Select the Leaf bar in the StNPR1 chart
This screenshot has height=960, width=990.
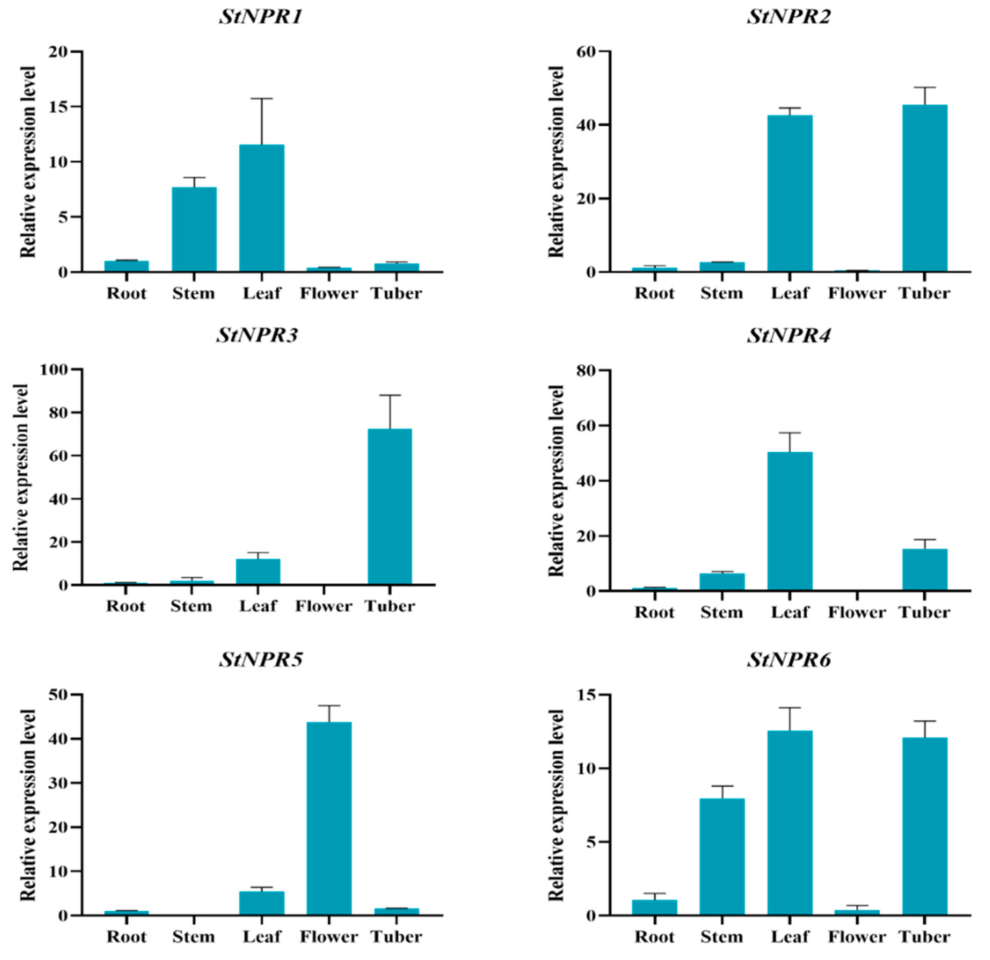point(262,208)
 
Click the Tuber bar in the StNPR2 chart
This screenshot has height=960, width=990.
point(924,188)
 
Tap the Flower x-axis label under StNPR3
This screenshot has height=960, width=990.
point(323,606)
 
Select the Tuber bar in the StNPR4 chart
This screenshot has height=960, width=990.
point(924,570)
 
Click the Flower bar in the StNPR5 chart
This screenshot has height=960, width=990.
point(329,818)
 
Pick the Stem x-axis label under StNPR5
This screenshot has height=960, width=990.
point(194,937)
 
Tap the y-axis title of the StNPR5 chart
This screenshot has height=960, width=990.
point(28,805)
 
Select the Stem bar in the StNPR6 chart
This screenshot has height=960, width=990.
point(722,857)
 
